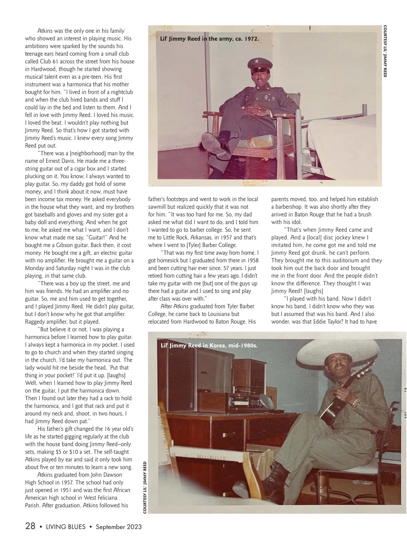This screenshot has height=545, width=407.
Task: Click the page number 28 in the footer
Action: click(x=30, y=526)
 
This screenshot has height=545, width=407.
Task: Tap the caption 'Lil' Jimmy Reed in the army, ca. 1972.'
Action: click(x=209, y=39)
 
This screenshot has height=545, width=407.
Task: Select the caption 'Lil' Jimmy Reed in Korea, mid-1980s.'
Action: click(x=209, y=345)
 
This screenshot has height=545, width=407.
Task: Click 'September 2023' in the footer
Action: click(x=119, y=527)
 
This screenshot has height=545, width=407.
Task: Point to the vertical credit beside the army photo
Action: click(x=385, y=51)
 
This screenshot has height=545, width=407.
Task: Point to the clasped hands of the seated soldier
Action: click(x=254, y=110)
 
